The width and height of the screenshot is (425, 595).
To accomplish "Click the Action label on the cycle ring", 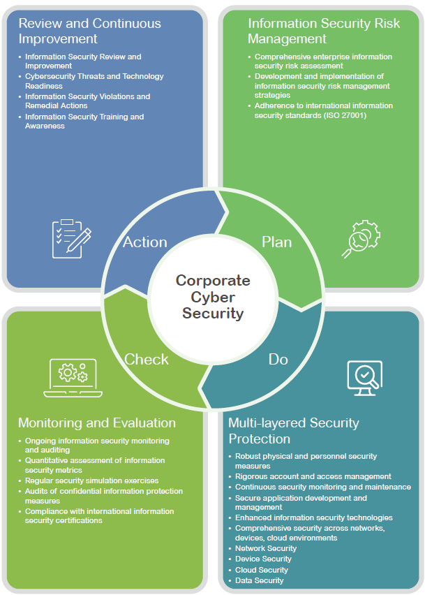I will [x=145, y=242].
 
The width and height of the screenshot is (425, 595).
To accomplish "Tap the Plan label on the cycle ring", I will [x=276, y=242].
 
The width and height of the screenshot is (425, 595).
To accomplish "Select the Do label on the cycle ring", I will [x=278, y=359].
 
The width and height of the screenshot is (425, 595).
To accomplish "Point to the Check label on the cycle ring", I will [x=147, y=359].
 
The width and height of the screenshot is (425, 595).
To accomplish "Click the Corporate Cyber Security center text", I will [x=213, y=297].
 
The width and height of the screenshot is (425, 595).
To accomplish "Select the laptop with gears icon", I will [x=73, y=377].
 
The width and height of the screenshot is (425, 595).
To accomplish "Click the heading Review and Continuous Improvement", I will [x=89, y=31].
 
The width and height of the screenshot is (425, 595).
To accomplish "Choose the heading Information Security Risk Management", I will [x=324, y=31].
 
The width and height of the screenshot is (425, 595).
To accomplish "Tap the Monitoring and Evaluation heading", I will [x=97, y=423].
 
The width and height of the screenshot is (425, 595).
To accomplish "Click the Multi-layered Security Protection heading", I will [x=294, y=431].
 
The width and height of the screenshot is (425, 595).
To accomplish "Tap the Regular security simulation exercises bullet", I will [x=91, y=481].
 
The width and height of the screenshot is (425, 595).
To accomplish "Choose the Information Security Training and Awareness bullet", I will [x=84, y=122].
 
